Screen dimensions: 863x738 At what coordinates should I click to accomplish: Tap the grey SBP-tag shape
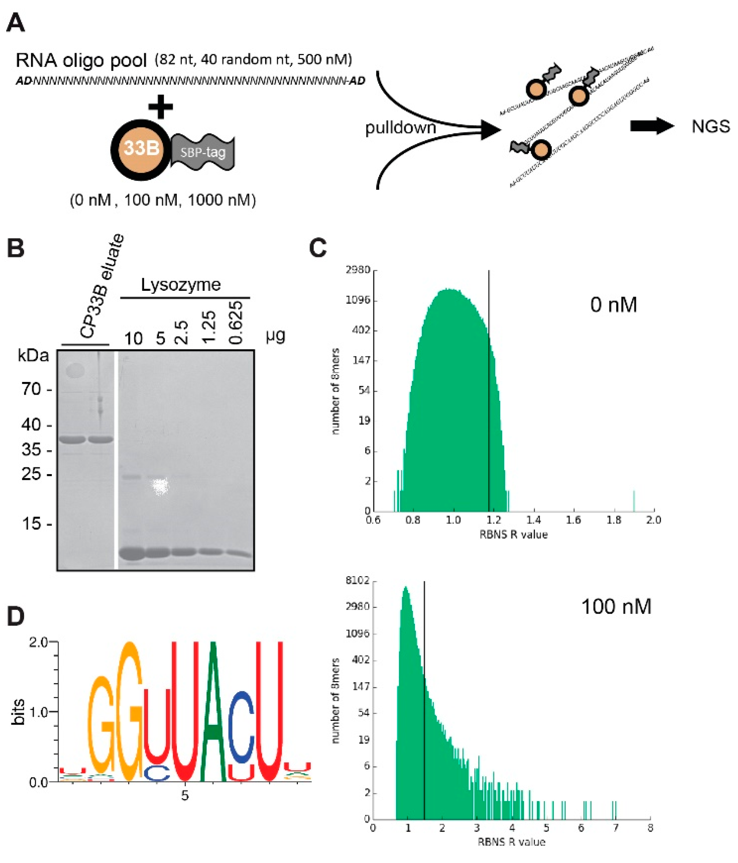coord(203,152)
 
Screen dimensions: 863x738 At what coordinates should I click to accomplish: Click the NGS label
coord(711,126)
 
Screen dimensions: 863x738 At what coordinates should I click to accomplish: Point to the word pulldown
coord(400,128)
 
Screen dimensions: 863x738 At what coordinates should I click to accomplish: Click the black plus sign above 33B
coord(160,107)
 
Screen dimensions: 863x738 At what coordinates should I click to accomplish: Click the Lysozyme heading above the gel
coord(180,285)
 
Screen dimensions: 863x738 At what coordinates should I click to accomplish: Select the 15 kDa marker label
coord(31,524)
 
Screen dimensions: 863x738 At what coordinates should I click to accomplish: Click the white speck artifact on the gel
coord(160,486)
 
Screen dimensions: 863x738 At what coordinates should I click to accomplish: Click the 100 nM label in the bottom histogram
coord(616,607)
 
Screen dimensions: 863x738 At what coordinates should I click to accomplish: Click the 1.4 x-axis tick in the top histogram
coord(533,520)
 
